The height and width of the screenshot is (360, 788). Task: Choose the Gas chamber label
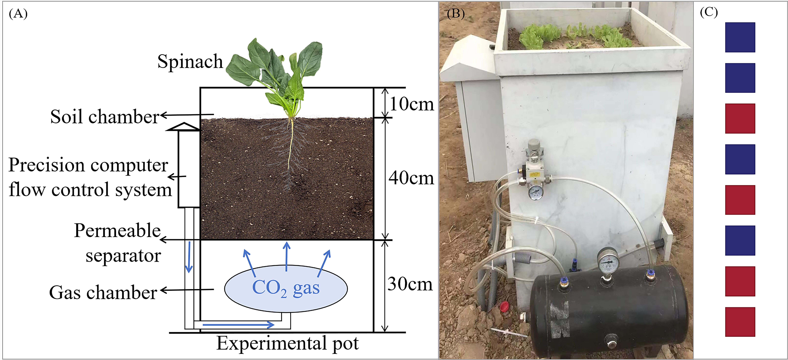[x=103, y=292]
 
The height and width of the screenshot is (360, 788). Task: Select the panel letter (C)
[x=709, y=12]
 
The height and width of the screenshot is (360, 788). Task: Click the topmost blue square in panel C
[x=740, y=37]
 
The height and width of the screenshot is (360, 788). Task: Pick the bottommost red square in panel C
[x=740, y=322]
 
